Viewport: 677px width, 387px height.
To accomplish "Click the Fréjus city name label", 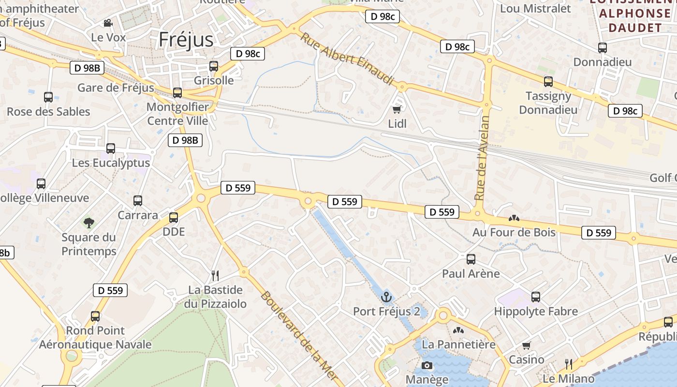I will tap(186, 40).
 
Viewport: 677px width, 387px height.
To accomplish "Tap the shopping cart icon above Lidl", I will tap(397, 109).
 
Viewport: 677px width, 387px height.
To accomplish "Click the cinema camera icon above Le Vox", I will tap(108, 23).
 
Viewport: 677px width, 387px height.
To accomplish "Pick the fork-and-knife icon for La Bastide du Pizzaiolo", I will tap(215, 276).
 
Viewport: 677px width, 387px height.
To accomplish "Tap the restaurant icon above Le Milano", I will tap(568, 364).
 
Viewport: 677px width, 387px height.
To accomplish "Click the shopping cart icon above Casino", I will tap(526, 345).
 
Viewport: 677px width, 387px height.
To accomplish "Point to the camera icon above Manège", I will tap(427, 365).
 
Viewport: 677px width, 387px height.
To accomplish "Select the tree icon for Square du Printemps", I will tap(88, 223).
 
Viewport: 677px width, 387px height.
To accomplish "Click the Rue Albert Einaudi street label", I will tap(347, 59).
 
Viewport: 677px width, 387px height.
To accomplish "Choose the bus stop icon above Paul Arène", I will tap(471, 259).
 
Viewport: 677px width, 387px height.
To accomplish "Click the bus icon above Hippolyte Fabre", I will tap(535, 297).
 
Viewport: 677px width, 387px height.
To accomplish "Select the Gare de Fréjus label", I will tap(116, 88).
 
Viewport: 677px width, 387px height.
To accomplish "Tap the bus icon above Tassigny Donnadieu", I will tap(548, 81).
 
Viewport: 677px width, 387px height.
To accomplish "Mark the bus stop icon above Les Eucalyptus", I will tap(111, 149).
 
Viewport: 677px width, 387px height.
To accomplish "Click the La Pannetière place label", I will tap(458, 344).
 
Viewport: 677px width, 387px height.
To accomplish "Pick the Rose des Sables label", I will tap(48, 111).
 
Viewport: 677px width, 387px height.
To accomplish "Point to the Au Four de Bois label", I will tap(514, 232).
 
